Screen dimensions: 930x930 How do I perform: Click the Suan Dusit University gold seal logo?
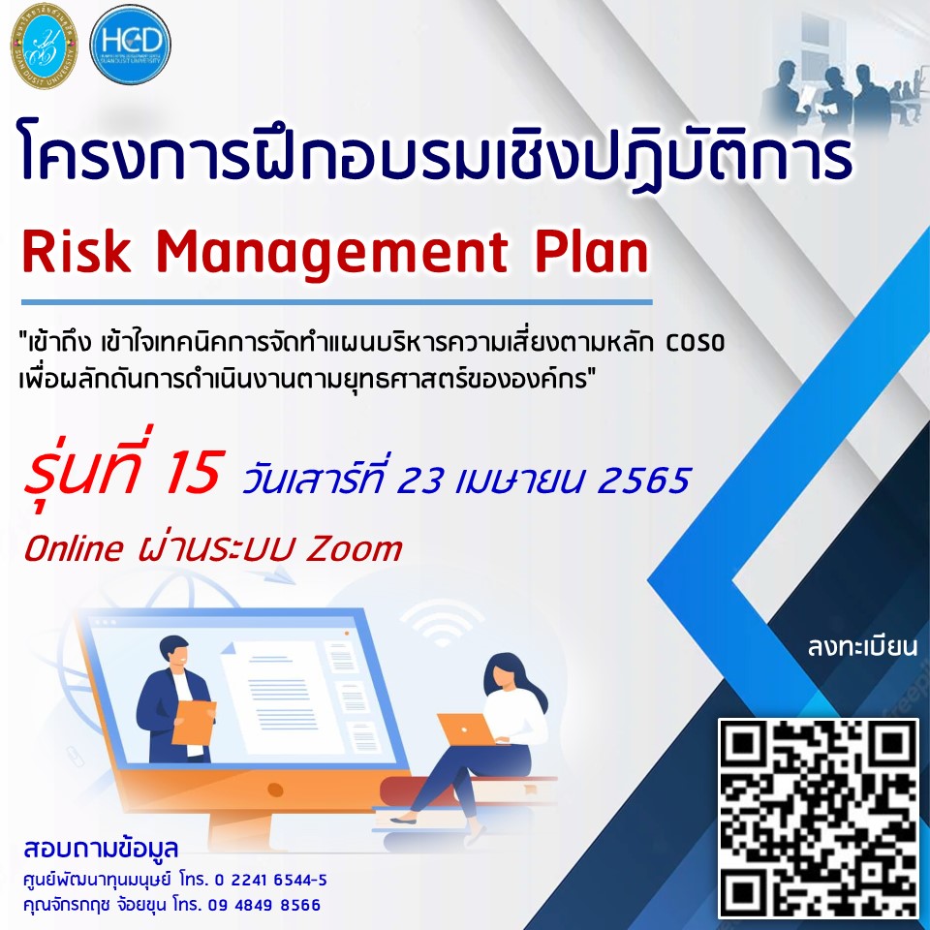(44, 46)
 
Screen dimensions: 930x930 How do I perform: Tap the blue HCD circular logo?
(131, 44)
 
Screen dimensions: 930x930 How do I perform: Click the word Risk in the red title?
(77, 252)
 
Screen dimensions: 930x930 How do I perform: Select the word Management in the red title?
(332, 255)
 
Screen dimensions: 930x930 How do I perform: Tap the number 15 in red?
(193, 473)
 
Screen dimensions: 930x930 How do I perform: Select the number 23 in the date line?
(419, 480)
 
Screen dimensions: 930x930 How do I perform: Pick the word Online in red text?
(74, 548)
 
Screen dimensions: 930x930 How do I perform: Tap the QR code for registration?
(819, 819)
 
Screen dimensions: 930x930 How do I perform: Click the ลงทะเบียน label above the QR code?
(862, 647)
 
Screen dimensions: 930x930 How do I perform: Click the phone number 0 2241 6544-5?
(270, 881)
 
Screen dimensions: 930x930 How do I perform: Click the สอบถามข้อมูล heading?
(101, 849)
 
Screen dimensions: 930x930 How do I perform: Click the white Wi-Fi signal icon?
(443, 622)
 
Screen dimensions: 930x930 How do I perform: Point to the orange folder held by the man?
(194, 723)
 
